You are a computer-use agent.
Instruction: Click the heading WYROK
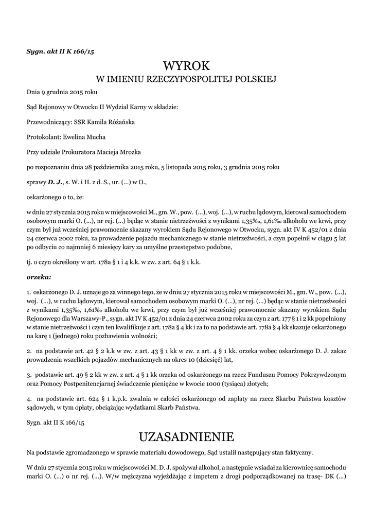pyautogui.click(x=186, y=66)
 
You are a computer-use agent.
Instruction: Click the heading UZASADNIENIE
pyautogui.click(x=186, y=437)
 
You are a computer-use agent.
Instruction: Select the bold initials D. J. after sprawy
pyautogui.click(x=55, y=182)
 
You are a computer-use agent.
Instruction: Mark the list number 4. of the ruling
pyautogui.click(x=29, y=399)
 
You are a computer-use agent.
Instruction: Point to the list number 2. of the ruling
pyautogui.click(x=29, y=351)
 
